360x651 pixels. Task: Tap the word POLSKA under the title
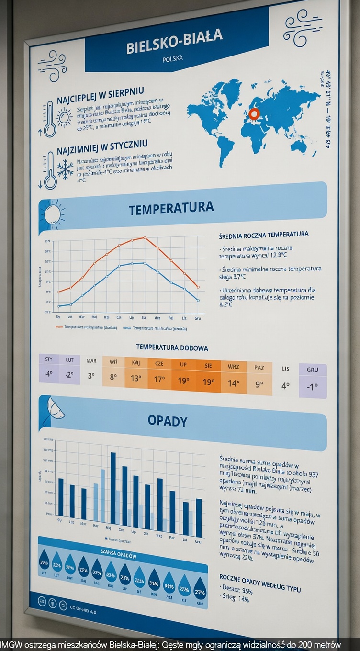coord(172,59)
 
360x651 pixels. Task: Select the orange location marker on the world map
coord(254,113)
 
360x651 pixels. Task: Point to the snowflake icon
coord(65,169)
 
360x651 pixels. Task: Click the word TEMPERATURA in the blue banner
coord(171,208)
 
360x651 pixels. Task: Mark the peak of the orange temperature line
coord(144,237)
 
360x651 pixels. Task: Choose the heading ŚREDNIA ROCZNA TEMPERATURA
coord(263,235)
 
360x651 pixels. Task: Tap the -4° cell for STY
coord(49,374)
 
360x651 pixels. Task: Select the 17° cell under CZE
coord(159,379)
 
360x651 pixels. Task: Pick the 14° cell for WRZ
coord(234,382)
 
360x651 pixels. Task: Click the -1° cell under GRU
coord(312,387)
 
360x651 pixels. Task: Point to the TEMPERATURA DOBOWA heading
coord(172,348)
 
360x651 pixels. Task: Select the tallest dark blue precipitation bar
coord(113,487)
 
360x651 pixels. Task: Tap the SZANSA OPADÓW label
coord(119,556)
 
